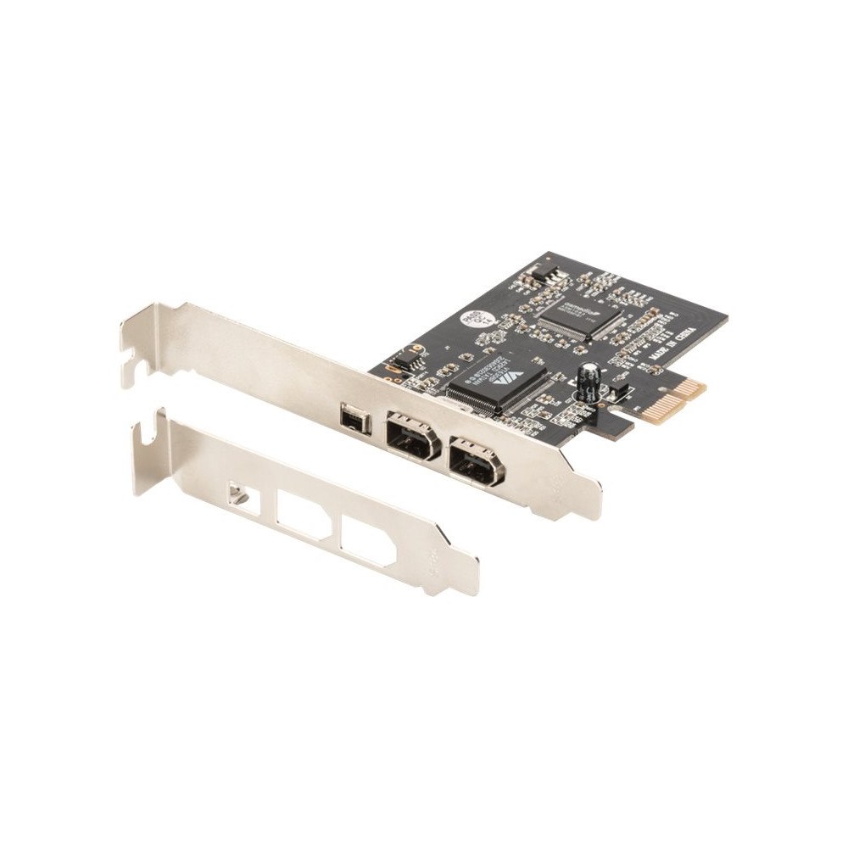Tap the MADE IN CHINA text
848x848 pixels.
[x=668, y=340]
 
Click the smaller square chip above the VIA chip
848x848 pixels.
[x=578, y=316]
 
